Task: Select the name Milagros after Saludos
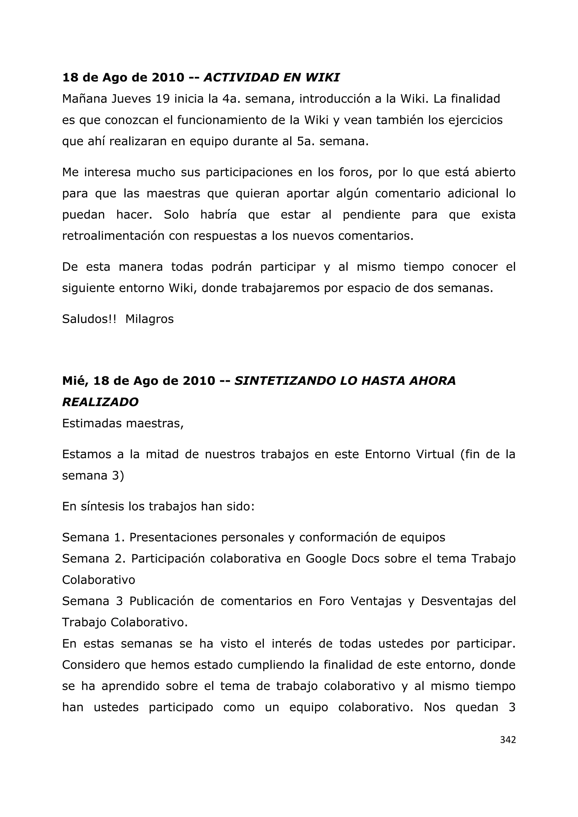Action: (150, 319)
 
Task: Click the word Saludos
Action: (89, 319)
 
